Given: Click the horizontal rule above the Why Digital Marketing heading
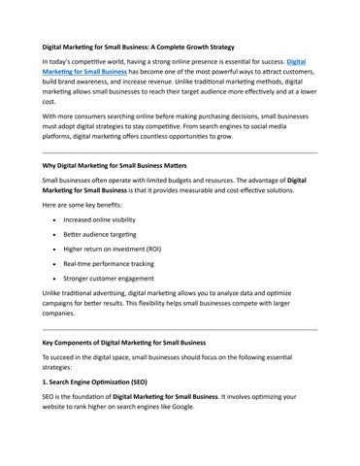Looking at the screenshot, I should pyautogui.click(x=180, y=151).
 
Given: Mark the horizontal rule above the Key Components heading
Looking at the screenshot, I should pyautogui.click(x=180, y=329).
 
